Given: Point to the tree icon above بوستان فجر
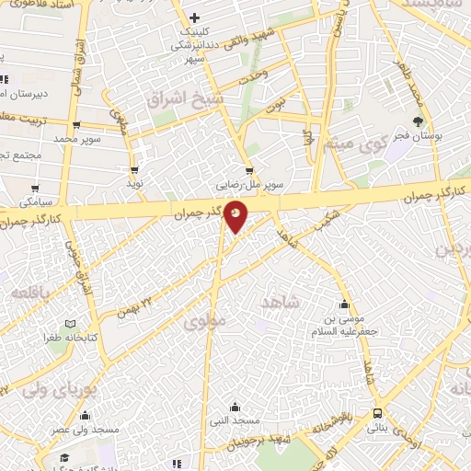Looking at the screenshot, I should [x=419, y=121].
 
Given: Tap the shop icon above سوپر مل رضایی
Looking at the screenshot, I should [x=249, y=170].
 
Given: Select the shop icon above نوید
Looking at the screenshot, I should [x=135, y=170].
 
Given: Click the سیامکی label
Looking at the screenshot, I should [x=40, y=200].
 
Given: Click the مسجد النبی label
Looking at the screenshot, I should [x=235, y=419].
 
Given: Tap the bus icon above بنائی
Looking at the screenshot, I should [x=378, y=414].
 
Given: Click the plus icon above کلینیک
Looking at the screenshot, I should [x=194, y=17].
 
